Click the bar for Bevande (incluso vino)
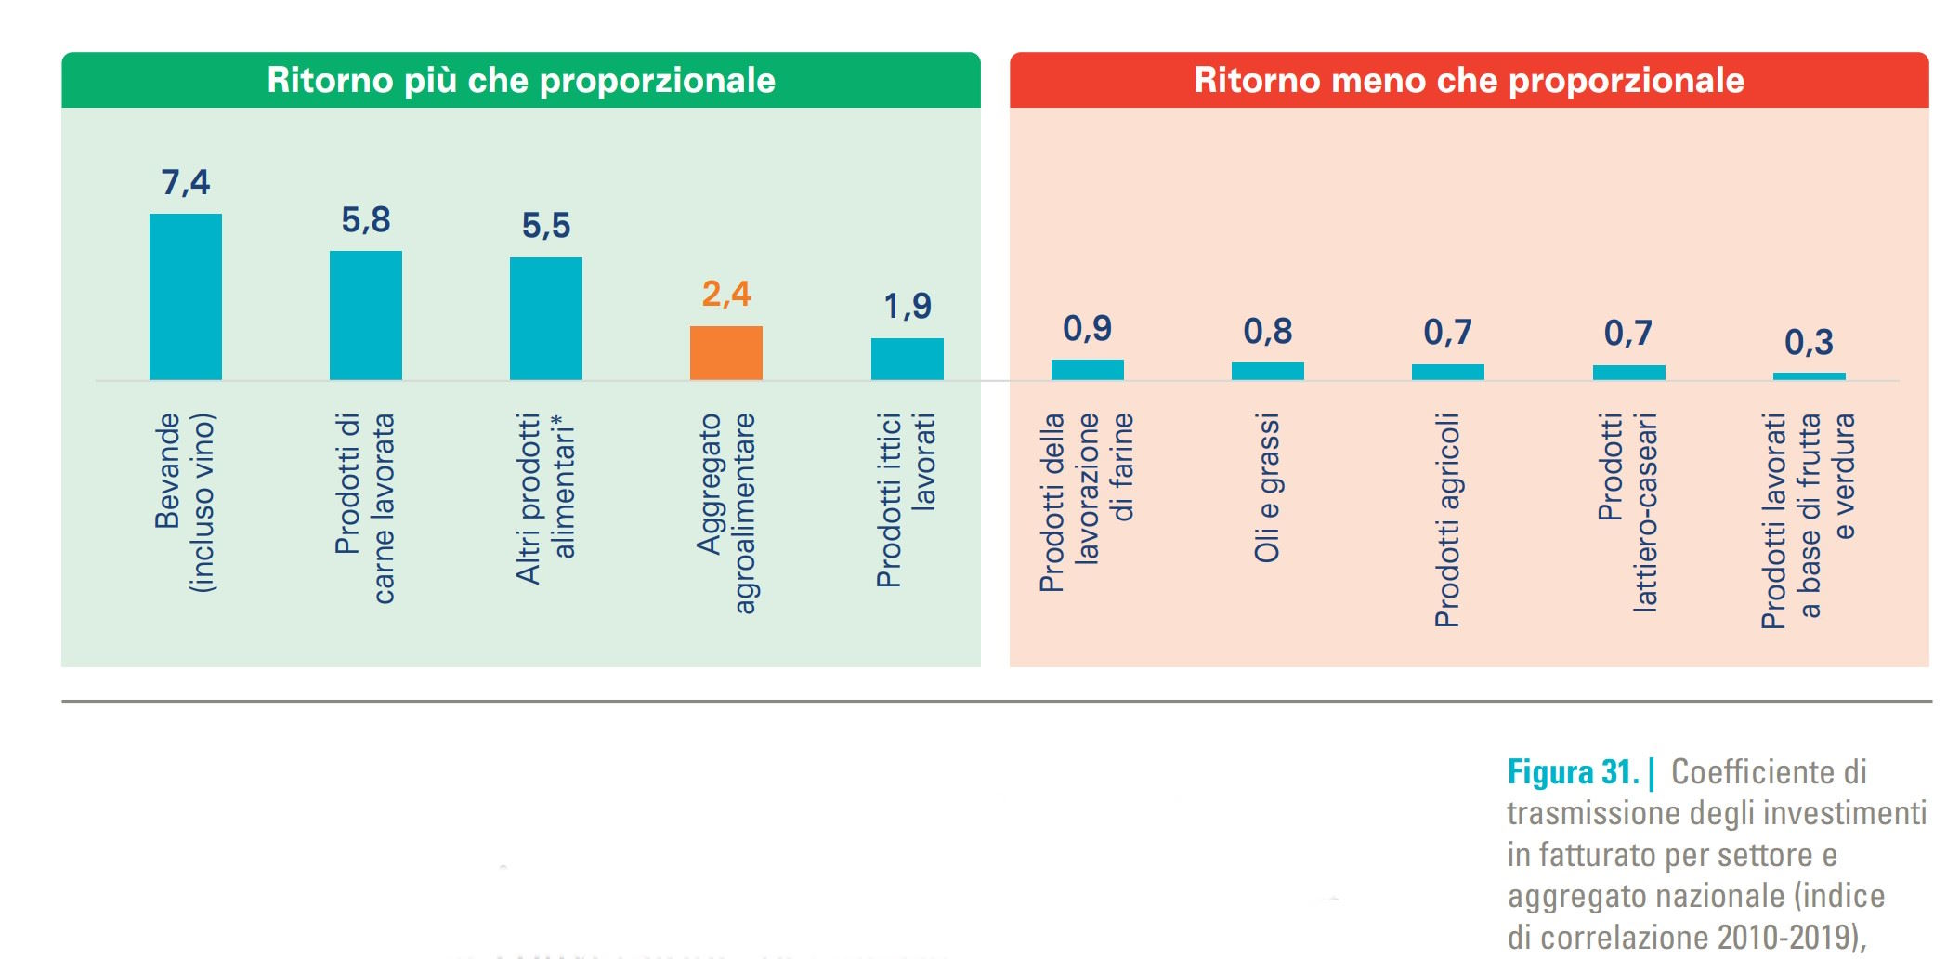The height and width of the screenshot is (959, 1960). point(186,296)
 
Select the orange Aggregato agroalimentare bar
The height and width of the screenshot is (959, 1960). point(725,352)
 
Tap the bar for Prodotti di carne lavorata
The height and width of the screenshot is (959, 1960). point(366,315)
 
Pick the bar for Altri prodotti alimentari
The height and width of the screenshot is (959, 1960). point(546,318)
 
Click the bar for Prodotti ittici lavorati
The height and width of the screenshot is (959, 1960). point(907,359)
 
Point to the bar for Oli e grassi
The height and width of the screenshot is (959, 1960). point(1267,371)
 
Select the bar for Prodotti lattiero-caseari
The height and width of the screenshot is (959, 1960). point(1628,372)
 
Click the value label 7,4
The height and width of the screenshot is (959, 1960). point(186,182)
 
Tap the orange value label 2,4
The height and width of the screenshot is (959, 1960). point(725,295)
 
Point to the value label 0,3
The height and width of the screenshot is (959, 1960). point(1809,343)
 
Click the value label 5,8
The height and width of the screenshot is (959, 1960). point(366,220)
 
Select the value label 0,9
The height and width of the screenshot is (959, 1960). point(1087,328)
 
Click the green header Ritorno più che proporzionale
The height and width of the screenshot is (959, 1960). point(521,81)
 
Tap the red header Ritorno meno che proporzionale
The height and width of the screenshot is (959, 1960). point(1469,81)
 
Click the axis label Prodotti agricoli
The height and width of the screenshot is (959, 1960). point(1447,520)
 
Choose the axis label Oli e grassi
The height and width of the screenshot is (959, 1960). point(1267,488)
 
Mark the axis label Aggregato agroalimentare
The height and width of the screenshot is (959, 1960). point(725,513)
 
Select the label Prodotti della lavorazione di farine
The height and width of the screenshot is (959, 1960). point(1087,502)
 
